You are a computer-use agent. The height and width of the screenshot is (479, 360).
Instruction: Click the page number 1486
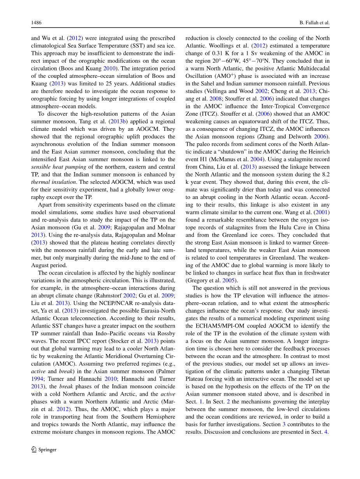(x=37, y=23)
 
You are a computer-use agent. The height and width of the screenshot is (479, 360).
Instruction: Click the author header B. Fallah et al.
(x=312, y=23)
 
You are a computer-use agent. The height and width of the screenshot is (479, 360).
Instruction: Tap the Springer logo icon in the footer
(x=34, y=449)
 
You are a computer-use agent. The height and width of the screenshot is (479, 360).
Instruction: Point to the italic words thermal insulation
(x=49, y=182)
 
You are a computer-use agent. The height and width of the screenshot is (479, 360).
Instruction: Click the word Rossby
(x=167, y=333)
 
